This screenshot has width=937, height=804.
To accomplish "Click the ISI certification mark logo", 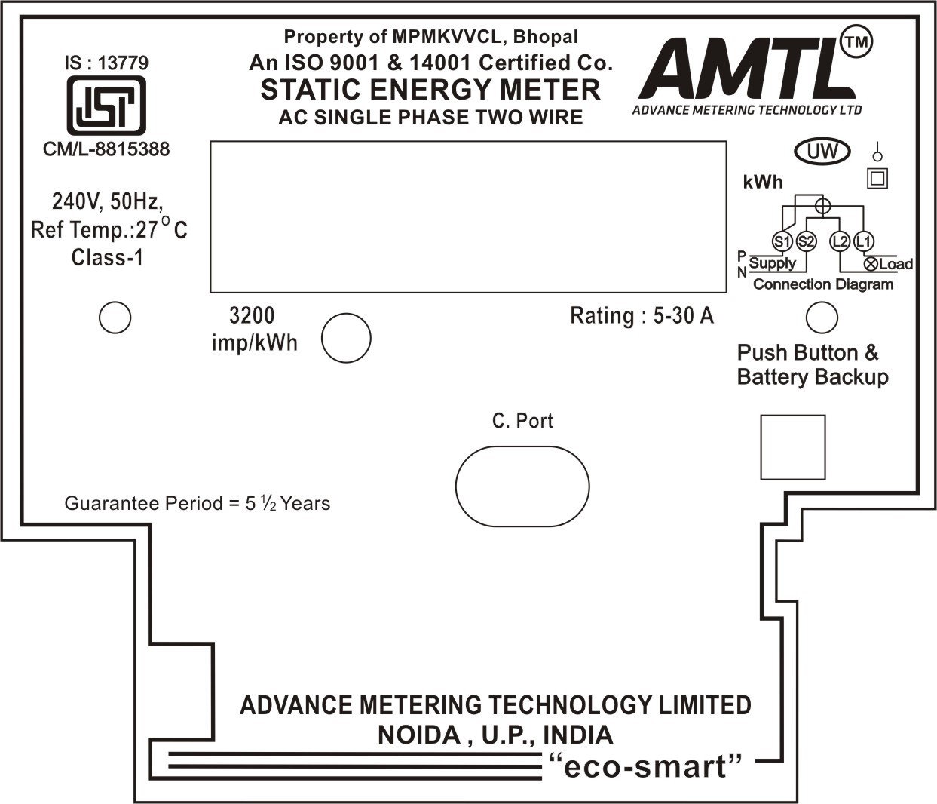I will coord(106,106).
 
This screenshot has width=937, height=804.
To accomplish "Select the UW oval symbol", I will coord(822,152).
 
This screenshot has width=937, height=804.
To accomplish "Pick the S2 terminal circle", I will coord(806,241).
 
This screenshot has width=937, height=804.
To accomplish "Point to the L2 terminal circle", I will coord(839,241).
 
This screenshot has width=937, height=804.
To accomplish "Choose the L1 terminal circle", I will coord(864,241).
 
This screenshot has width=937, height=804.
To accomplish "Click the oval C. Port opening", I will coord(522,486).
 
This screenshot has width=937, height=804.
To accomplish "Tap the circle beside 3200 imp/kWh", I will coord(346,338).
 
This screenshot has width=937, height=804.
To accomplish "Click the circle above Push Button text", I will coord(822,318).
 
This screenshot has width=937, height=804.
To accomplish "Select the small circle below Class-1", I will coord(115,318).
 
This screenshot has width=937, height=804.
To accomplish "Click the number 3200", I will coord(252,315).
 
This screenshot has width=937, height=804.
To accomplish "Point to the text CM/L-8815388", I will coord(106,149).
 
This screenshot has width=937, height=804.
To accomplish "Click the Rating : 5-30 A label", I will coord(642,315).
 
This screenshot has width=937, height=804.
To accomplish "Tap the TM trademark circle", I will coord(856,42).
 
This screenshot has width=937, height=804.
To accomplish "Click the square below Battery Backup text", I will coord(792,446).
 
